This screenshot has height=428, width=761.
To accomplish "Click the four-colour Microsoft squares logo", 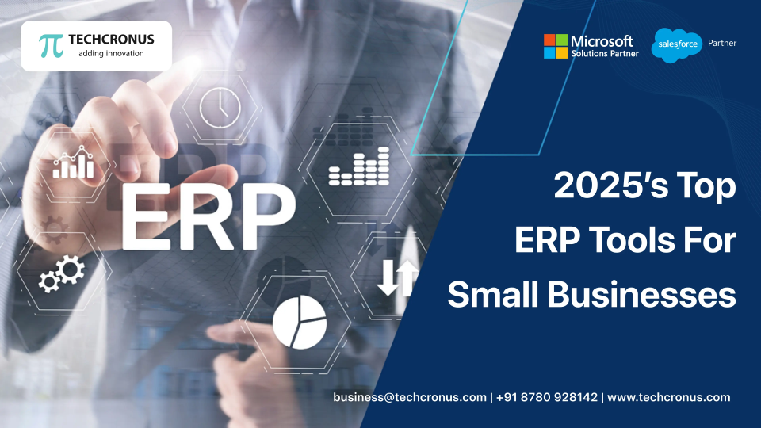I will tap(555, 46).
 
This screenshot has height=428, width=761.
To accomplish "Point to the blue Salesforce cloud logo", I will tap(676, 44).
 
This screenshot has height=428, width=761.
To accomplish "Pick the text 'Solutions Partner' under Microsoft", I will tap(604, 53).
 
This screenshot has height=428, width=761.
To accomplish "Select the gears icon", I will tap(62, 273).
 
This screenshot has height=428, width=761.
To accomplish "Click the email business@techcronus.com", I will tap(409, 397).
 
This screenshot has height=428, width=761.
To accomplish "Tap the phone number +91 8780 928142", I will tap(548, 397).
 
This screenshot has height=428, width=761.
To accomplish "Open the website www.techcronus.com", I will tap(668, 397).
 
